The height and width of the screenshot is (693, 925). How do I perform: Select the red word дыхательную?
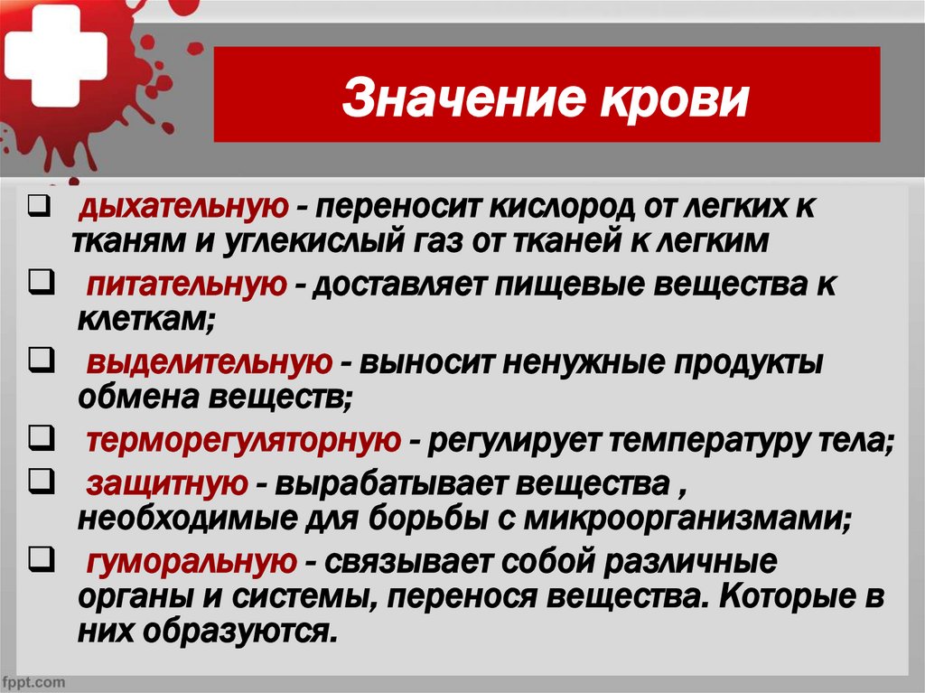click(182, 209)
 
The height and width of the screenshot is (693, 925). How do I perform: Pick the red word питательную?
click(187, 285)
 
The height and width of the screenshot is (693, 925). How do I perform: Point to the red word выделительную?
click(207, 363)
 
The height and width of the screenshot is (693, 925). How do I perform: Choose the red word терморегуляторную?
click(243, 441)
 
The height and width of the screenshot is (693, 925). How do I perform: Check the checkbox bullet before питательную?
click(37, 284)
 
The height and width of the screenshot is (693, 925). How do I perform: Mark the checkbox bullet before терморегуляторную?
click(37, 440)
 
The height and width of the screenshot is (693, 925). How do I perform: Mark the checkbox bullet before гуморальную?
click(37, 560)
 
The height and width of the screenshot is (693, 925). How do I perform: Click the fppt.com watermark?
click(33, 679)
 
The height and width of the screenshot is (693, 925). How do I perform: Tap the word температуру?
click(705, 441)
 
